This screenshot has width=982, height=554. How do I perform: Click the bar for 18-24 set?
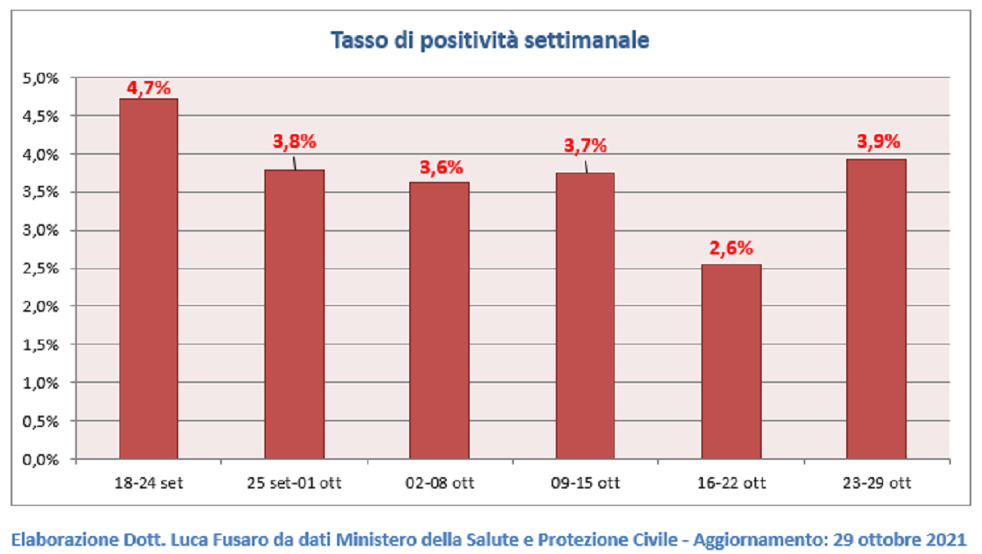point(149,279)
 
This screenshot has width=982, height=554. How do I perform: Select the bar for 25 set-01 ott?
point(294,314)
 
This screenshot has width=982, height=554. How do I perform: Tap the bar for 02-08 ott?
point(439,321)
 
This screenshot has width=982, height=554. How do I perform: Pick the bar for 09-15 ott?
point(585,316)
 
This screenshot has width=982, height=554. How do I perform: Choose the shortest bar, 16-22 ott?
point(732,362)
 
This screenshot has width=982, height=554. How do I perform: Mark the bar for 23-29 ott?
point(876,309)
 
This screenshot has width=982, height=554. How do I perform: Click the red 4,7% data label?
point(149,88)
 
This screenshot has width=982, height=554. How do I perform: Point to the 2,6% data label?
point(732,248)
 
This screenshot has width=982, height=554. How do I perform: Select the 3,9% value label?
point(879,142)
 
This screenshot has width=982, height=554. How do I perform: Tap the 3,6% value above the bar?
point(441,168)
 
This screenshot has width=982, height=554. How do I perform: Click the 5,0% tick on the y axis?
point(40,79)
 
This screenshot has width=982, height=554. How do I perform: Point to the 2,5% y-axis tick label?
point(40,268)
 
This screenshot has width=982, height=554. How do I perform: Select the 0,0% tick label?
point(40,460)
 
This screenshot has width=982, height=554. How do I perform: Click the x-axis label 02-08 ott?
point(439,483)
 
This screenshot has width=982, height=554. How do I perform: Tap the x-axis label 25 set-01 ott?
point(294,483)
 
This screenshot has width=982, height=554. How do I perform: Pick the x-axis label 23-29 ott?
point(876,483)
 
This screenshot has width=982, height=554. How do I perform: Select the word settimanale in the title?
point(587,40)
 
